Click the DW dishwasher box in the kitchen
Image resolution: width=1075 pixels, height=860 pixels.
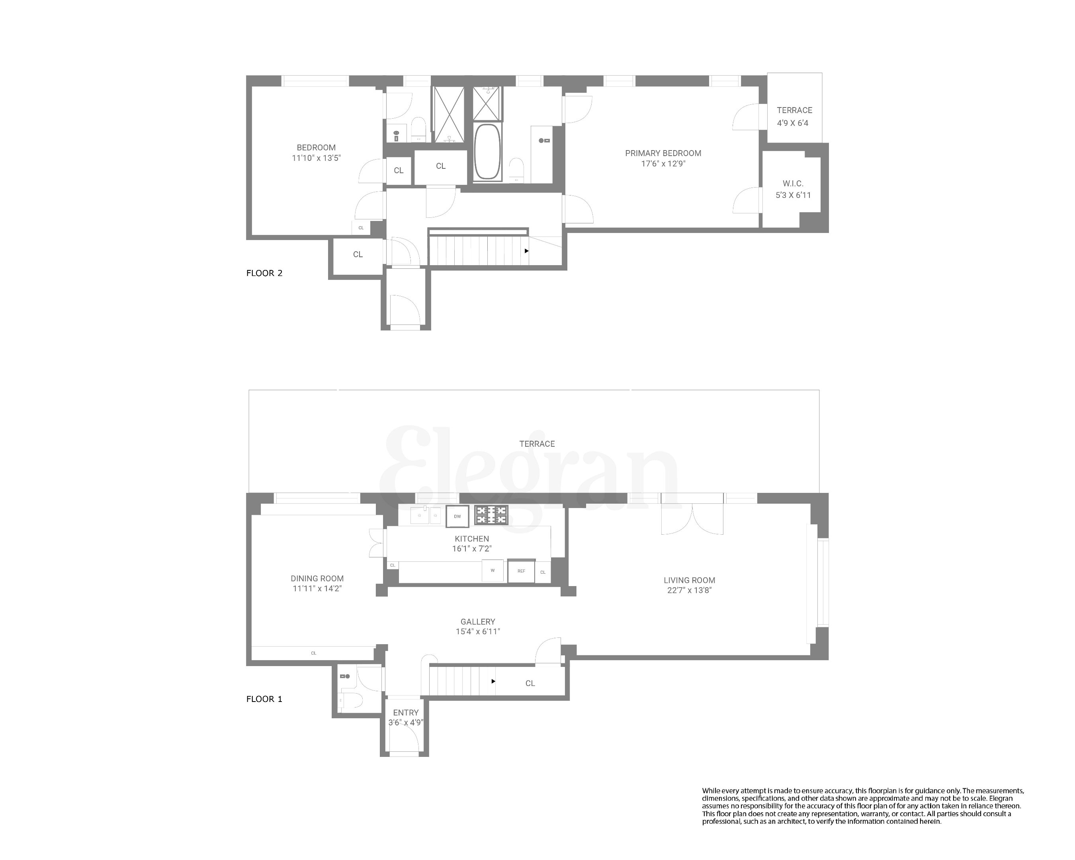[457, 516]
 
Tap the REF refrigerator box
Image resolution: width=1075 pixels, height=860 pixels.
[521, 571]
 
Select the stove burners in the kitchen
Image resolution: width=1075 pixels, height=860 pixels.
[491, 515]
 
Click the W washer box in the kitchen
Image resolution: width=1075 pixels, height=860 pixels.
[493, 570]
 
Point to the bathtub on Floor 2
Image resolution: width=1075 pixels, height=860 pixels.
[487, 152]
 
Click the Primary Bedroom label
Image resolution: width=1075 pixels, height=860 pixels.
[663, 153]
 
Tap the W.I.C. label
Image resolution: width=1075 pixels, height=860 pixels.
[793, 184]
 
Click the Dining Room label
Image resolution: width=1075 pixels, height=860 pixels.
[317, 579]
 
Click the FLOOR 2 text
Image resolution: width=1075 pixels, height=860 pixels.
[264, 273]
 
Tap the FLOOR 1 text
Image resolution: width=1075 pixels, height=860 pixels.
[264, 699]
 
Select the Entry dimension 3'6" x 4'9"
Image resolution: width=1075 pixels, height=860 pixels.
[406, 722]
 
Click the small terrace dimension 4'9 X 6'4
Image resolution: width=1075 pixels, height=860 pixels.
[793, 123]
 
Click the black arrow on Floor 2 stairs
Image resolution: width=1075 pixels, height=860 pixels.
[526, 251]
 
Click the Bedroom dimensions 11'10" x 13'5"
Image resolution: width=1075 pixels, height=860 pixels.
[316, 158]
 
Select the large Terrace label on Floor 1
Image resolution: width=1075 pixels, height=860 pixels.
[537, 444]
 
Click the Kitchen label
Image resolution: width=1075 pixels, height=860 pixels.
[472, 538]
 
